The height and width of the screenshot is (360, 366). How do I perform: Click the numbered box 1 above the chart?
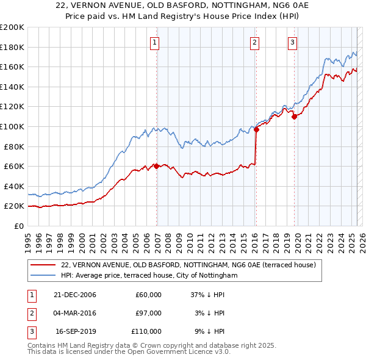pyautogui.click(x=155, y=43)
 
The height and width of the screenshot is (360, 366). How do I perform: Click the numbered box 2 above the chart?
pyautogui.click(x=254, y=43)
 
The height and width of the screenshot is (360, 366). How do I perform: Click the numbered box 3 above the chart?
pyautogui.click(x=292, y=43)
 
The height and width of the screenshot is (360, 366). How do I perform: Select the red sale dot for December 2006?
pyautogui.click(x=157, y=166)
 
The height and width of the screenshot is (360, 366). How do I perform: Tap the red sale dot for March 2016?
pyautogui.click(x=256, y=129)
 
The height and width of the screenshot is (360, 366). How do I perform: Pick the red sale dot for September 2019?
pyautogui.click(x=294, y=117)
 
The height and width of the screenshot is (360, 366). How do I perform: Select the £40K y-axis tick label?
pyautogui.click(x=14, y=186)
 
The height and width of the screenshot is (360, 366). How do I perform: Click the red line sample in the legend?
pyautogui.click(x=43, y=265)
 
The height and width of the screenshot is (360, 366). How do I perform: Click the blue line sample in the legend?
pyautogui.click(x=43, y=276)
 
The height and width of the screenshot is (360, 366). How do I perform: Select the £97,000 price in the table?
pyautogui.click(x=148, y=313)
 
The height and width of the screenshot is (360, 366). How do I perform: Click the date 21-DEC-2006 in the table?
pyautogui.click(x=74, y=295)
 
